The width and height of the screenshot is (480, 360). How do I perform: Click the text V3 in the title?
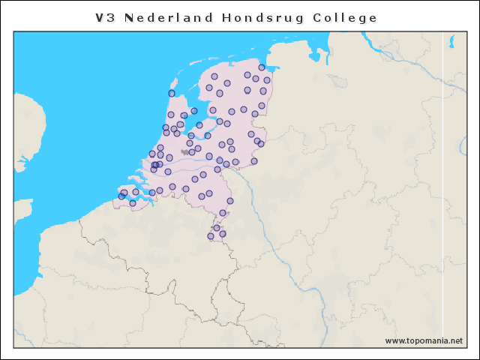(x=106, y=17)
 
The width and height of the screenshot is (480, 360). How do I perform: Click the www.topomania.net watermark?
(x=424, y=340)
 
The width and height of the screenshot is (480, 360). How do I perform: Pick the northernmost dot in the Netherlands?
(x=262, y=67)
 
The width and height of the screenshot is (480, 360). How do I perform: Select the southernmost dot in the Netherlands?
(x=211, y=236)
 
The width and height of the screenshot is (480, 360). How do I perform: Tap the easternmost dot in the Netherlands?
(x=267, y=80)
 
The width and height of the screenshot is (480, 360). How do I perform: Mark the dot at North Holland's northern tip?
(x=172, y=93)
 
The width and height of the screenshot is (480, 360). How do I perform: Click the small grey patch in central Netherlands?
(x=184, y=151)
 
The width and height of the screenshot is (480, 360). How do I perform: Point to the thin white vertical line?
(x=442, y=187)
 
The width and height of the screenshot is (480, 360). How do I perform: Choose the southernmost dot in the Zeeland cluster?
(x=133, y=203)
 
